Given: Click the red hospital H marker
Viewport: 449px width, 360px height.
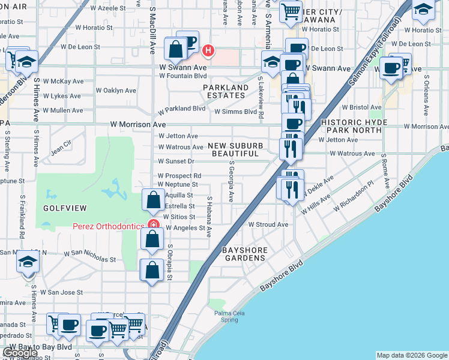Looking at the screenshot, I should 208,50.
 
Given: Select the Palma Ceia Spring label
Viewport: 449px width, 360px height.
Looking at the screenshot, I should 227,316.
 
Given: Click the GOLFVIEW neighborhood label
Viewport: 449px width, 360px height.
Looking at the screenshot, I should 65,208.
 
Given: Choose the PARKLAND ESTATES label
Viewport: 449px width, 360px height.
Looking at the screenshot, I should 226,92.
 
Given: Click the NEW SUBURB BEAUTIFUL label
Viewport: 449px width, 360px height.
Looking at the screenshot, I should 238,149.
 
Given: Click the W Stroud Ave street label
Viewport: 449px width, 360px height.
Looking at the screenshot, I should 268,224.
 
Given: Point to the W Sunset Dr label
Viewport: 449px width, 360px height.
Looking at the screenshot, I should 176,161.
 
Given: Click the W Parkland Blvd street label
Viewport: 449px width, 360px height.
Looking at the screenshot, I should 181,111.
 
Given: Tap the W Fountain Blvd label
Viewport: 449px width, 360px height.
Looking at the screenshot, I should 183,76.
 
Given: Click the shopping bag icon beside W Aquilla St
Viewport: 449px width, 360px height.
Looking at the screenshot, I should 154,199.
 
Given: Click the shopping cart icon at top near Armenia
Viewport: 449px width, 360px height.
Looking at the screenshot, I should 291,11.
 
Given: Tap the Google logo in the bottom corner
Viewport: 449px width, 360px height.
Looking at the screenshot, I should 20,353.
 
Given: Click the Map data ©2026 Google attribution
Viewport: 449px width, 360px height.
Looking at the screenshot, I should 411,355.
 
